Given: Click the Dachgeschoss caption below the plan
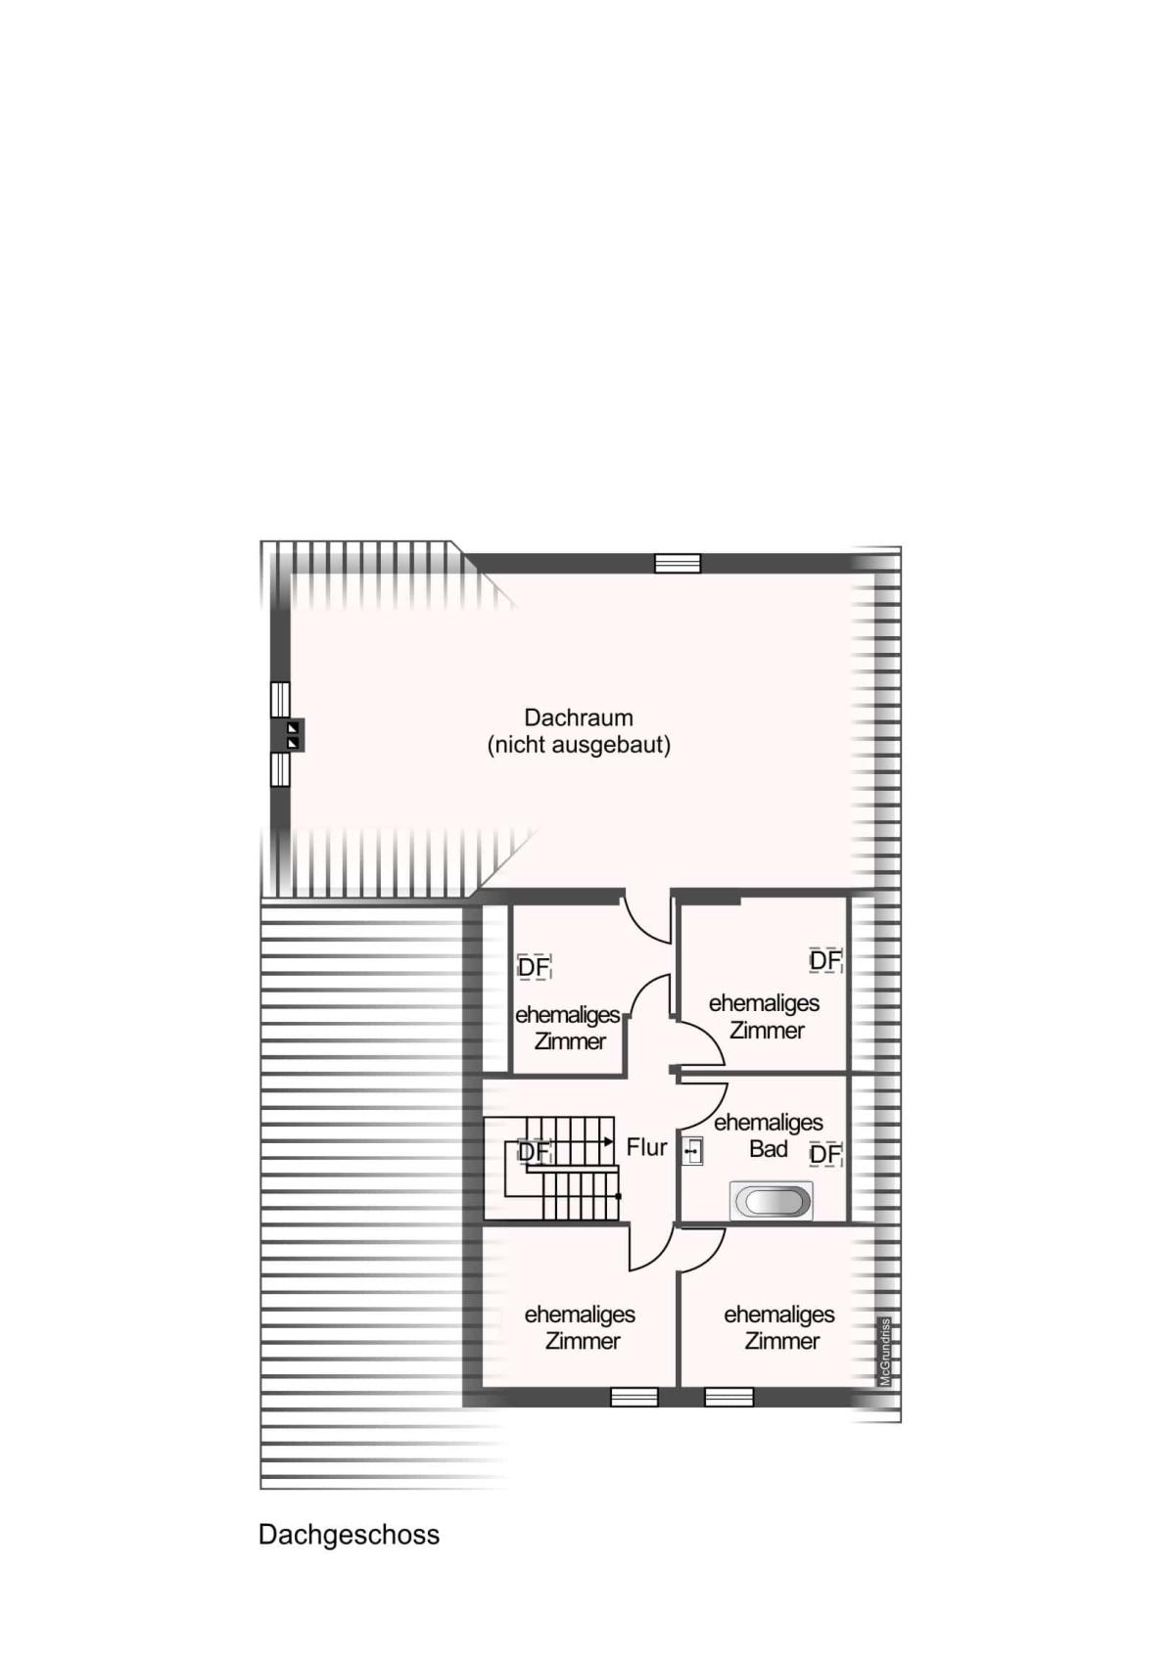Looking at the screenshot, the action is coord(349,1534).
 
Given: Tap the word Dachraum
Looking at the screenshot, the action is coord(579,717).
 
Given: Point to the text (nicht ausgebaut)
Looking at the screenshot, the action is coord(579,745).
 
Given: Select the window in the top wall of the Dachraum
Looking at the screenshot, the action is coord(678,564).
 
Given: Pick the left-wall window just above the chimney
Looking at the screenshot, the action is coord(280,699).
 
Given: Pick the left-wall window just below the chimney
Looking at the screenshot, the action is coord(280,769).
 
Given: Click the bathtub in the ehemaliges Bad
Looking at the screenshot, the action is coord(772,1201).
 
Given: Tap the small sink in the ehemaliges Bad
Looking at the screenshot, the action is coord(692,1151).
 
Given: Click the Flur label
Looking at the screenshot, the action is coord(646,1147).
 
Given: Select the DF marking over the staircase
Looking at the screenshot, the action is coord(534,1152).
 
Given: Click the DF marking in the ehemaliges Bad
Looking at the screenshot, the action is coord(825,1154).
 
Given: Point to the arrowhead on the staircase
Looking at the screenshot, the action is coord(609,1141).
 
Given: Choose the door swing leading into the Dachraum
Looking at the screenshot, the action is coord(647,916).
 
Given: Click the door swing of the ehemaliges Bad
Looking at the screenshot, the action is coord(703,1106).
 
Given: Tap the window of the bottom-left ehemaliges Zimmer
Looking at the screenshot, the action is coord(634,1397).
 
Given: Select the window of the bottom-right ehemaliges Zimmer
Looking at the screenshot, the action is coord(729,1397).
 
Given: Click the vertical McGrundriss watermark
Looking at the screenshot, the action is coord(884,1352).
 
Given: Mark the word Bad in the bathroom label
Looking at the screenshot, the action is coord(768,1149).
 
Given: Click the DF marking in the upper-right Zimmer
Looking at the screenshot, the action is coord(825,960).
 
